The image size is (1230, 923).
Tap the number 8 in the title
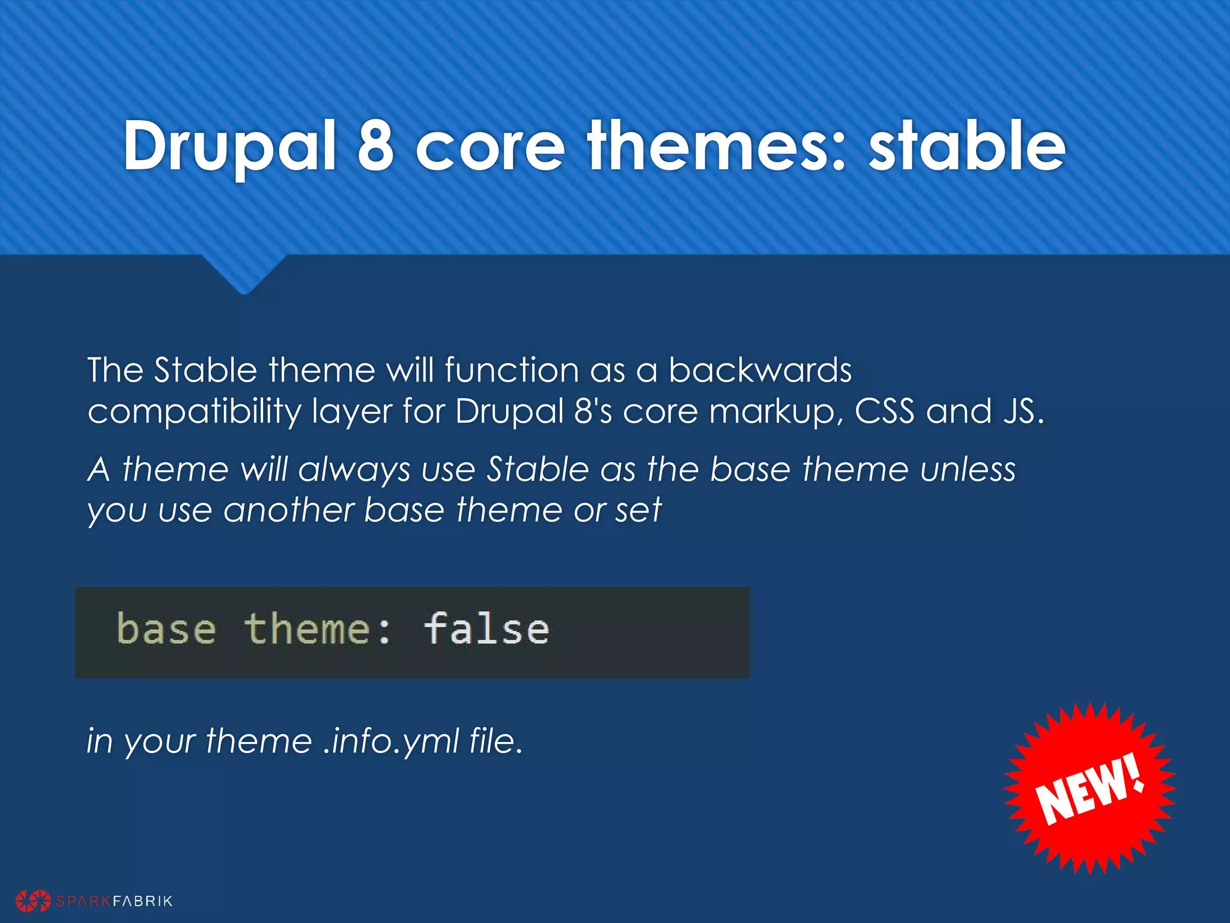tap(375, 146)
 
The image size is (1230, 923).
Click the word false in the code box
tap(486, 630)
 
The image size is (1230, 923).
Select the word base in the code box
tap(166, 630)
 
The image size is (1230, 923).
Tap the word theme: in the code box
tap(318, 630)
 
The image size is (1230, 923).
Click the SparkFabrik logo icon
tap(33, 900)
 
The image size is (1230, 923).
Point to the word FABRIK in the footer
tap(143, 901)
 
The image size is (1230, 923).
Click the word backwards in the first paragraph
tap(760, 370)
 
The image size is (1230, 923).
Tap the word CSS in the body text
tap(884, 412)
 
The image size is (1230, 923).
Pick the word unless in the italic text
tap(968, 469)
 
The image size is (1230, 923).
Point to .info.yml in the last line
tap(391, 741)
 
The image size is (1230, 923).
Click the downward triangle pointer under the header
tap(244, 273)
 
